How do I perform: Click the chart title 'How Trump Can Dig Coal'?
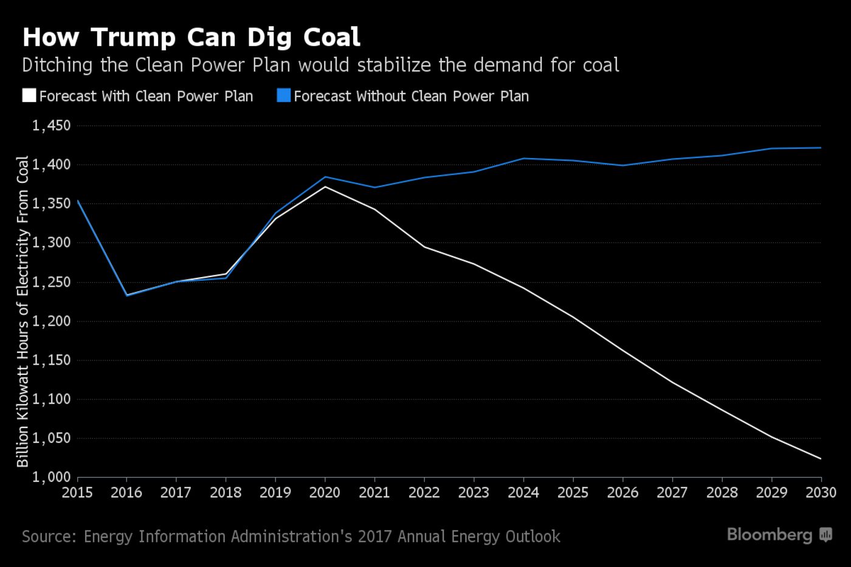pyautogui.click(x=191, y=37)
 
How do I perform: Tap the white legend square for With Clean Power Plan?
pyautogui.click(x=29, y=96)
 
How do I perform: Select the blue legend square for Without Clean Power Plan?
pyautogui.click(x=283, y=96)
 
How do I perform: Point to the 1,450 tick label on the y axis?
pyautogui.click(x=52, y=126)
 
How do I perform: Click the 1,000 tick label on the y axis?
pyautogui.click(x=52, y=478)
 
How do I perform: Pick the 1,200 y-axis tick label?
pyautogui.click(x=52, y=321)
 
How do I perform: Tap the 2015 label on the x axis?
pyautogui.click(x=77, y=492)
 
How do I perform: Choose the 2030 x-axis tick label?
pyautogui.click(x=821, y=492)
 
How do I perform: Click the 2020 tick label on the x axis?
pyautogui.click(x=325, y=492)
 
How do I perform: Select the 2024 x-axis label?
pyautogui.click(x=523, y=492)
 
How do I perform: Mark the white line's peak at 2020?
pyautogui.click(x=325, y=187)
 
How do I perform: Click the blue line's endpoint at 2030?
pyautogui.click(x=821, y=148)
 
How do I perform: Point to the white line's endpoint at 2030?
pyautogui.click(x=821, y=459)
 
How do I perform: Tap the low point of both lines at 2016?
pyautogui.click(x=126, y=295)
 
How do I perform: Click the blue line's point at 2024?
pyautogui.click(x=523, y=159)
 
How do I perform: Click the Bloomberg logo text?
pyautogui.click(x=770, y=535)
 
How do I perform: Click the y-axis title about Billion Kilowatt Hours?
pyautogui.click(x=22, y=311)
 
